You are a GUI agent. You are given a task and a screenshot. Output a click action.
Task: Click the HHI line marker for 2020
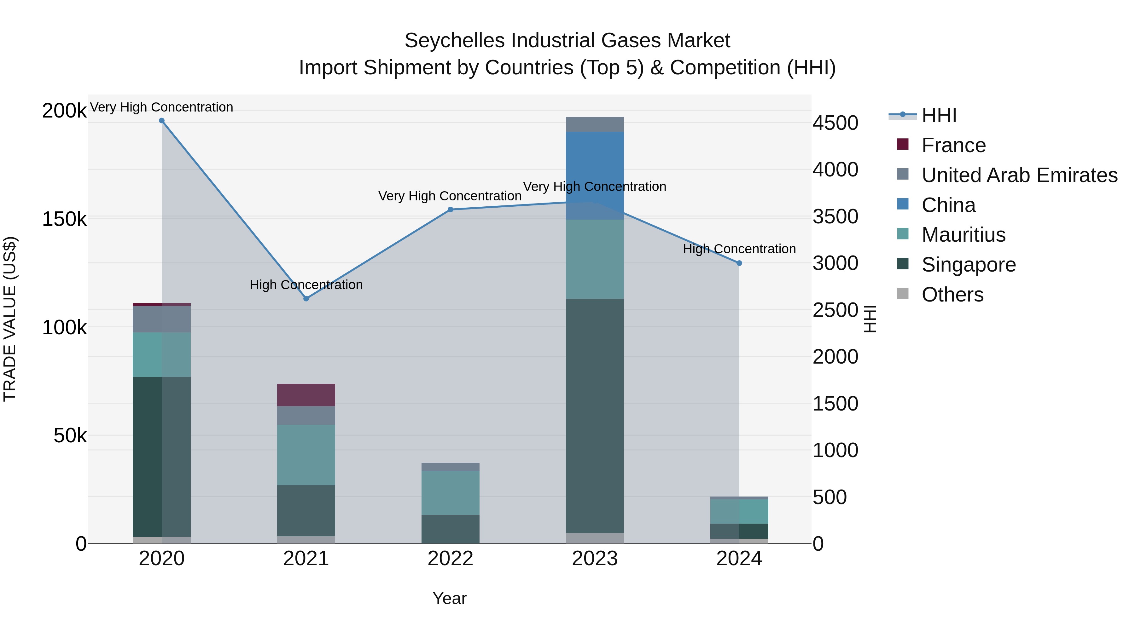[162, 121]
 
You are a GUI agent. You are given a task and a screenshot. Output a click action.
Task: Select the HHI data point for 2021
[306, 299]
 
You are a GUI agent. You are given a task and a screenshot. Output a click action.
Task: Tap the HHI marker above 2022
[450, 210]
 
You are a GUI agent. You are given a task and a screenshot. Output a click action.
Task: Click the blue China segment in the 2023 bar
[595, 167]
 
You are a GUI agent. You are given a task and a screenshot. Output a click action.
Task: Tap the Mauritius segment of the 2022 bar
[450, 493]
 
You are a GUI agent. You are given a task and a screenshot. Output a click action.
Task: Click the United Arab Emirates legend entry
[1019, 175]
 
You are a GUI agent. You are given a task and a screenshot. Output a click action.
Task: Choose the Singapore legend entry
[969, 265]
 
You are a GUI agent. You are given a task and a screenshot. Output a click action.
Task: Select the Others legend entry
[952, 295]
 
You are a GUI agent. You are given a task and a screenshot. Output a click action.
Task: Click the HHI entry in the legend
[939, 115]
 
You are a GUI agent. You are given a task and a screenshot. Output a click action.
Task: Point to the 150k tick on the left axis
[64, 219]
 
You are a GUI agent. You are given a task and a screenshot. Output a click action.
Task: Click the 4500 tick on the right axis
[835, 123]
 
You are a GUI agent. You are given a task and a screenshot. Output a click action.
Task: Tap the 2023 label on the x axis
[595, 559]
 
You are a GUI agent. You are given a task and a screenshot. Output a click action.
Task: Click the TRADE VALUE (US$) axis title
[10, 319]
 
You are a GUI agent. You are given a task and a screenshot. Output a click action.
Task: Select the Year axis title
[449, 598]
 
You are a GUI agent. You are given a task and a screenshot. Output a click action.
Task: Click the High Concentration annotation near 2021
[306, 285]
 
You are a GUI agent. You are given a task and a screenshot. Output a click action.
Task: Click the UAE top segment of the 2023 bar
[595, 124]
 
